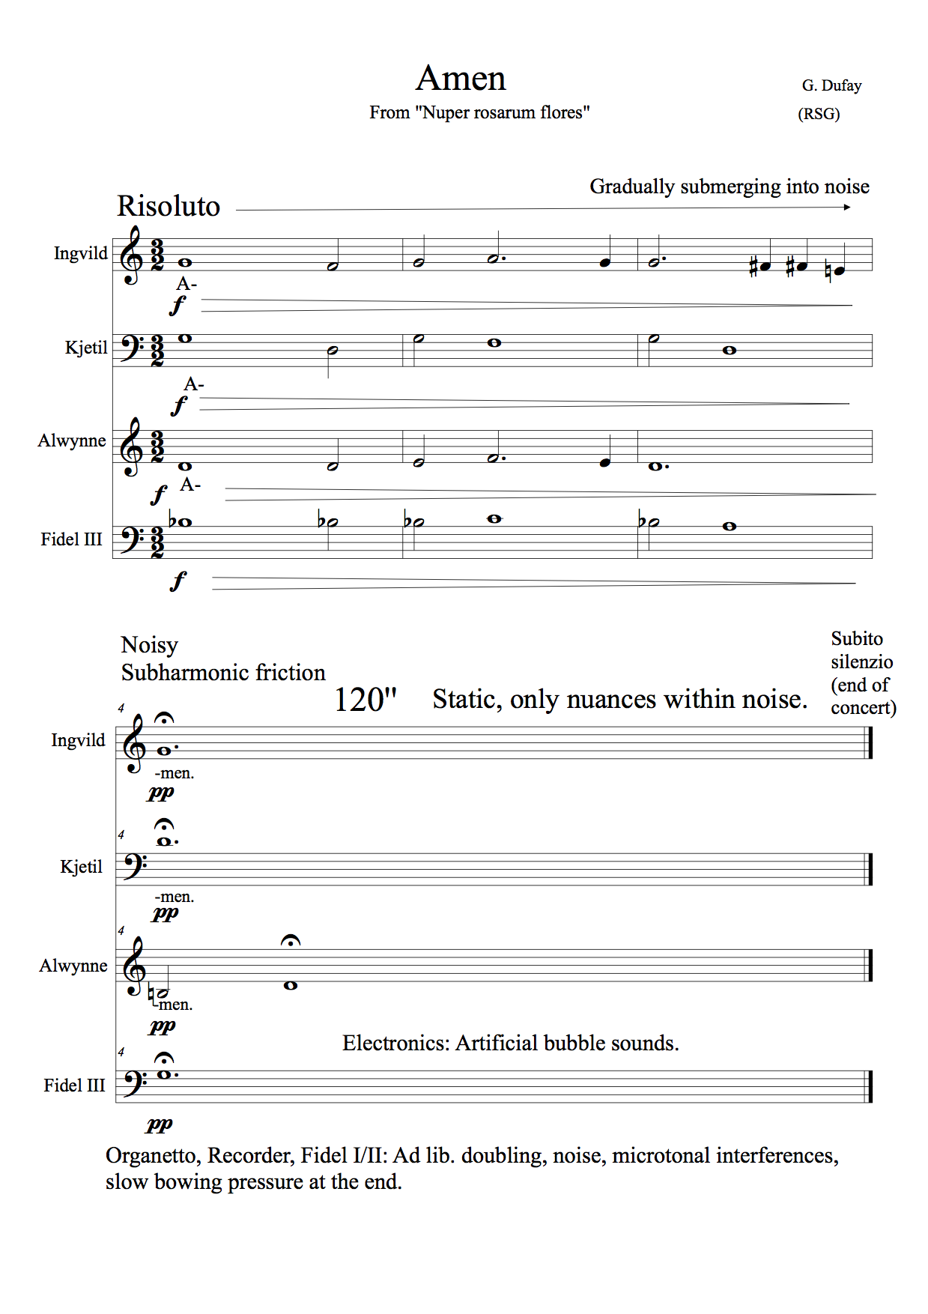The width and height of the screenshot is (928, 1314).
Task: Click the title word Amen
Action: coord(461,79)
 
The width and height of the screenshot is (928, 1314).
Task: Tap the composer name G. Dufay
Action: coord(831,85)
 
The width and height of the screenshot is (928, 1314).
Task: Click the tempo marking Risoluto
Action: coord(169,206)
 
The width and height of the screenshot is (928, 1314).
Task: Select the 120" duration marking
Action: coord(365,700)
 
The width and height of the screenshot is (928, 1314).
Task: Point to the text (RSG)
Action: coord(819,114)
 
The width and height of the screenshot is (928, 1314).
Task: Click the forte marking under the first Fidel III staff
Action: coord(178,581)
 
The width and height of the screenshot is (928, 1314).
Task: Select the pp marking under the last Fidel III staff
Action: coord(160,1124)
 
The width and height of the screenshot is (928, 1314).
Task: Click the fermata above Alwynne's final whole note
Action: coord(291,941)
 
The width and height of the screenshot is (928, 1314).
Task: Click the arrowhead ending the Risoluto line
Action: coord(847,208)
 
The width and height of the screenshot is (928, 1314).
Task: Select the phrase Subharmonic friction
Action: coord(223,673)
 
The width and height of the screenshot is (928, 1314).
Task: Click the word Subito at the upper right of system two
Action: coord(857,639)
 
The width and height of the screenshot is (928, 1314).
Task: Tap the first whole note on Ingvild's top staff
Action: coord(184,263)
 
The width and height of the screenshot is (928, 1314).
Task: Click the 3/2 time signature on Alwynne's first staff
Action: coord(157,446)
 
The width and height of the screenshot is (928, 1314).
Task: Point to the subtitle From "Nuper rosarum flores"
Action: coord(479,113)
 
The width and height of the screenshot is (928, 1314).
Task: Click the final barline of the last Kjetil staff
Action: coord(870,869)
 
